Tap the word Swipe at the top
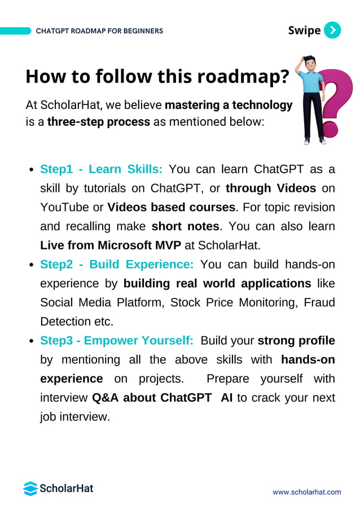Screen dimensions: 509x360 [304, 30]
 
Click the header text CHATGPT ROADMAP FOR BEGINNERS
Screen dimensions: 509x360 [99, 31]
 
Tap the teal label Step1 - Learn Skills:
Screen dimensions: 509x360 [102, 169]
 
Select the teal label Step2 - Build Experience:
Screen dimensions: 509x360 [117, 265]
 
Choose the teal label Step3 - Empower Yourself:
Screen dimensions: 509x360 [117, 340]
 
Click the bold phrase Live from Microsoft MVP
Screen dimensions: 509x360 [111, 245]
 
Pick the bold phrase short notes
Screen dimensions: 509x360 [185, 226]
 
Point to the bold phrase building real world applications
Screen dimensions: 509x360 [217, 283]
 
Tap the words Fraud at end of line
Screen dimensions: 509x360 [319, 302]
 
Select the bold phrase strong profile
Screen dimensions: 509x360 [296, 340]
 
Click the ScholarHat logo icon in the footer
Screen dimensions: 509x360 [30, 488]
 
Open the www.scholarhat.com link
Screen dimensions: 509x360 [307, 492]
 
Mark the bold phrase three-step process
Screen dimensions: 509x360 [99, 122]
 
